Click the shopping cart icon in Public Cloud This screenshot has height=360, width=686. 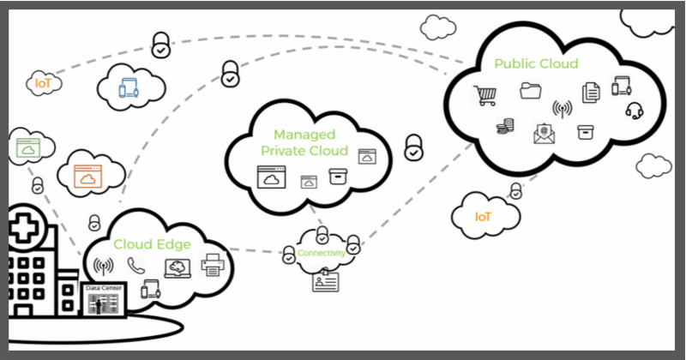(x=485, y=95)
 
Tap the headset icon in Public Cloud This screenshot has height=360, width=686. (x=635, y=110)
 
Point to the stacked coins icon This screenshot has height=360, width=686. (x=505, y=127)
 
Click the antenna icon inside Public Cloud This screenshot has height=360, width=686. (x=562, y=109)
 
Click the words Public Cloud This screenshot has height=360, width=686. (x=536, y=63)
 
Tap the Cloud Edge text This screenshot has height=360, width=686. (x=152, y=243)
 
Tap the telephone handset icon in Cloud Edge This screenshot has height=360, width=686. (x=135, y=266)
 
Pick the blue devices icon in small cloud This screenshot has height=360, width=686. (x=129, y=87)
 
